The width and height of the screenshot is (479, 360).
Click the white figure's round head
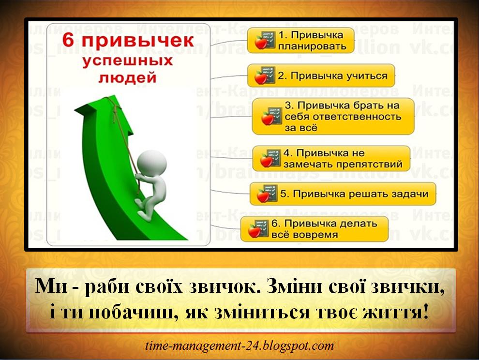pos(145,160)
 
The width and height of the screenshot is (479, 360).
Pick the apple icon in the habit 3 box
pos(269,117)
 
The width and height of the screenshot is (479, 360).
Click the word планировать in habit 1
pos(312,46)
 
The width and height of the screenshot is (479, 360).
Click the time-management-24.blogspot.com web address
pos(239,346)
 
